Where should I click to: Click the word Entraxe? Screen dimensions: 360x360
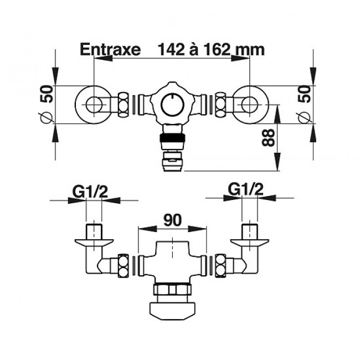(x=110, y=49)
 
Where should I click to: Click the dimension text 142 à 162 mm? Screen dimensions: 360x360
(x=211, y=49)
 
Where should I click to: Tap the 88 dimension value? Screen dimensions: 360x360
(x=268, y=137)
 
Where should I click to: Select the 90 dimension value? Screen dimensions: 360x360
(x=172, y=220)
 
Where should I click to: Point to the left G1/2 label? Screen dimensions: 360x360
(x=90, y=192)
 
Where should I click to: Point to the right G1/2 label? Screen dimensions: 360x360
(x=246, y=189)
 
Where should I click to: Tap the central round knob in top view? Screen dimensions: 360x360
(x=172, y=105)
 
